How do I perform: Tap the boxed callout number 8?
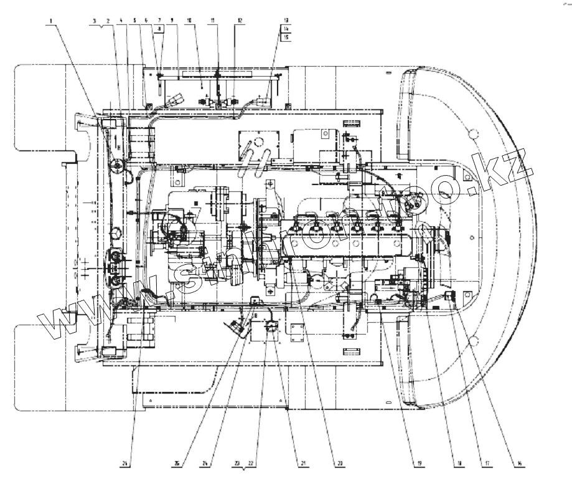160,29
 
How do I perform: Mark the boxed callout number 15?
286,37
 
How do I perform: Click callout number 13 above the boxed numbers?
286,21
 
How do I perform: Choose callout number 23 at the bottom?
238,464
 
